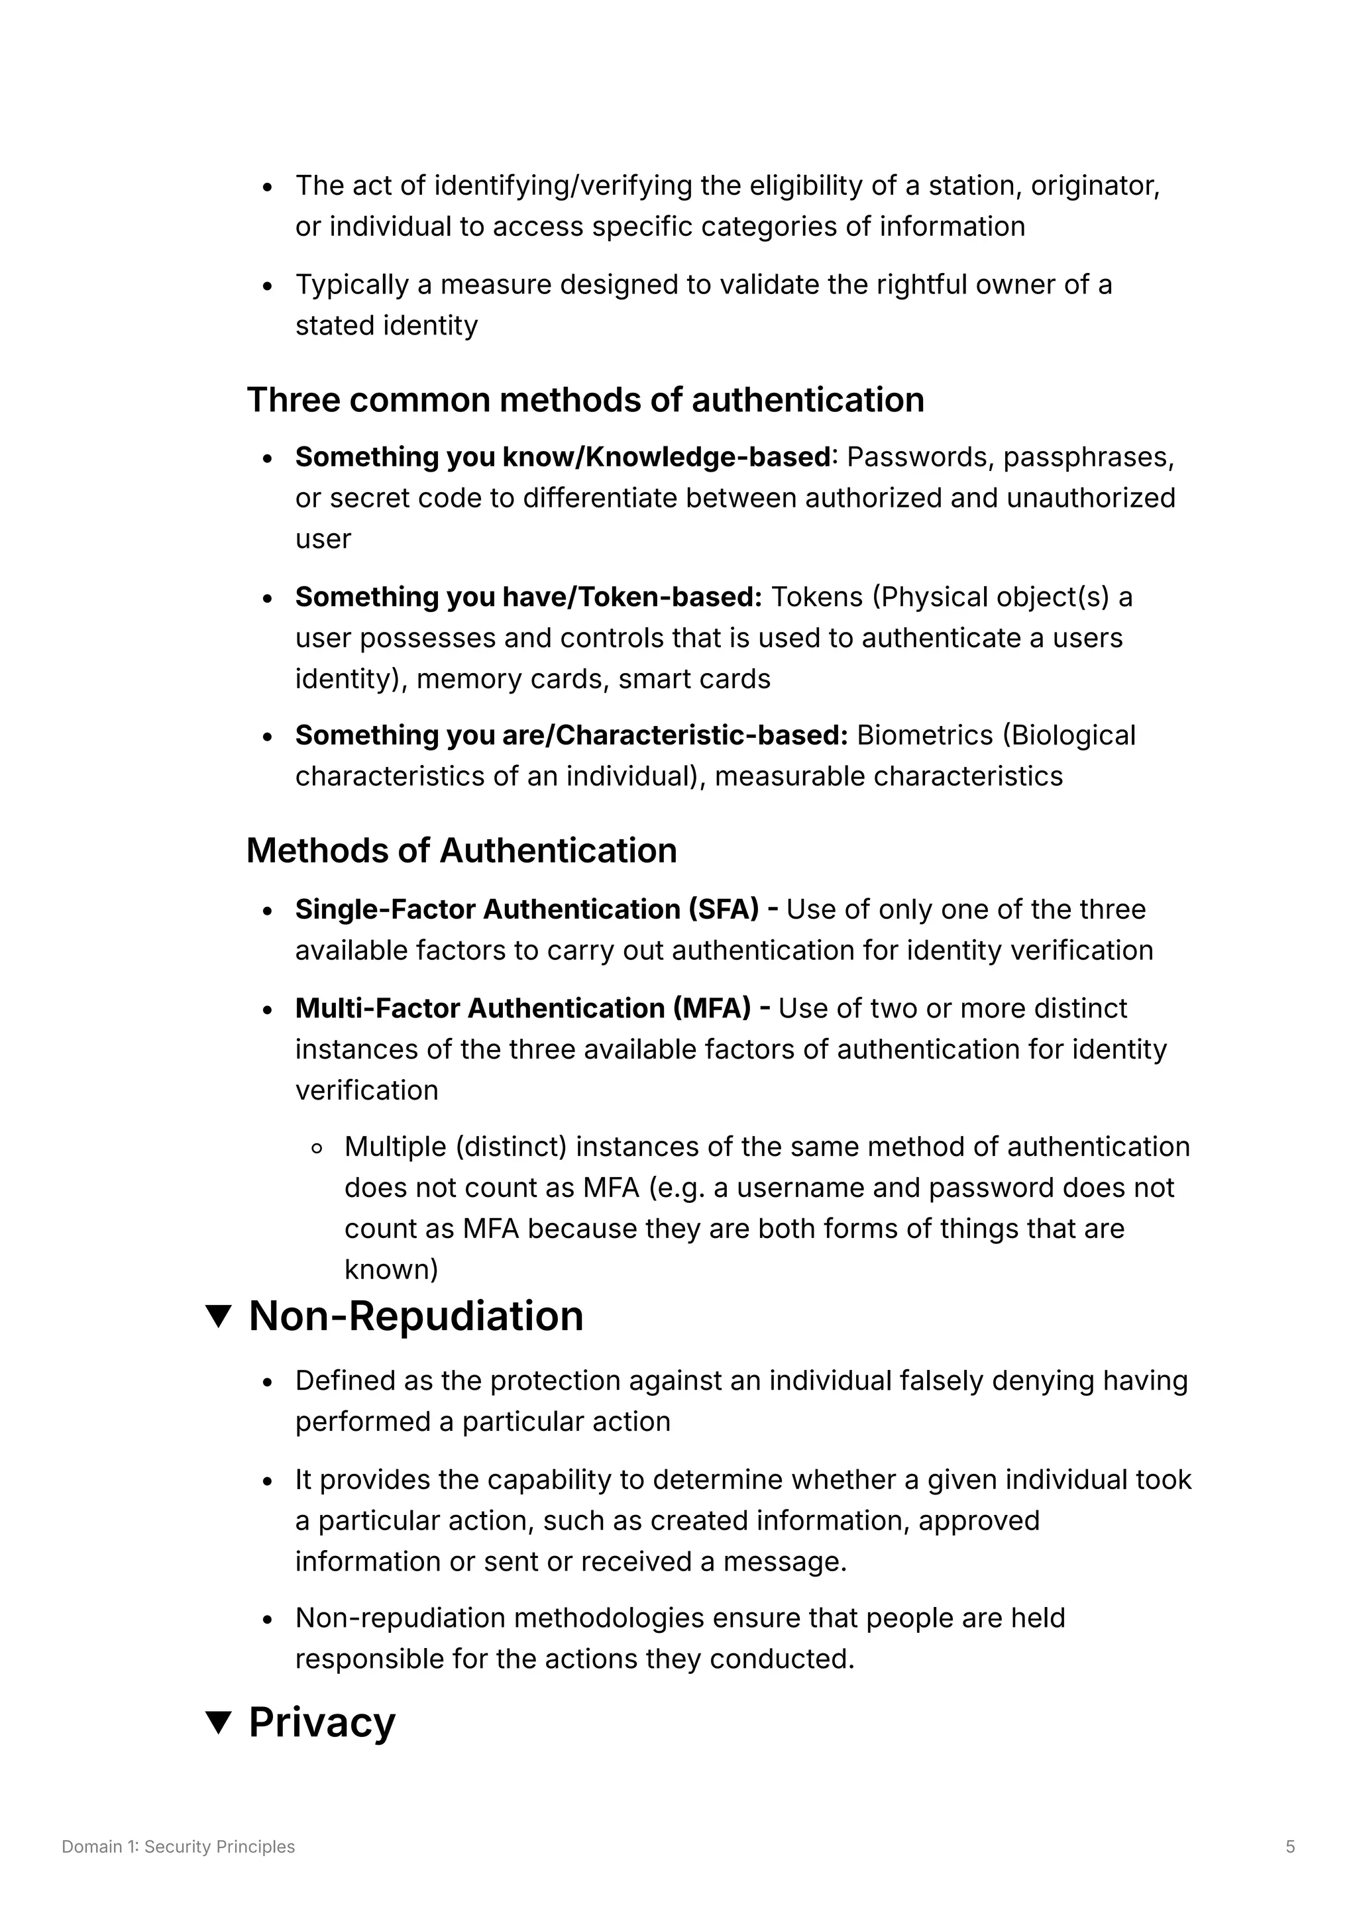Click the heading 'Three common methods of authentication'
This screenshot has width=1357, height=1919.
[x=584, y=400]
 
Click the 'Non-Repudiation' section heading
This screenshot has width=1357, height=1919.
[x=415, y=1316]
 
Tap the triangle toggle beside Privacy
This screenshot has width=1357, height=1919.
[x=218, y=1722]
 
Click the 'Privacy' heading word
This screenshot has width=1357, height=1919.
[x=322, y=1722]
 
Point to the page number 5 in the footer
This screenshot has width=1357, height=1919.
[x=1290, y=1846]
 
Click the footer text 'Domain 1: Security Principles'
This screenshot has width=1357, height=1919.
[x=178, y=1846]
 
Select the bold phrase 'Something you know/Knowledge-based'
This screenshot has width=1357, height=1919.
[x=563, y=457]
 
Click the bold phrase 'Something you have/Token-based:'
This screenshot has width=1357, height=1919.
[x=528, y=597]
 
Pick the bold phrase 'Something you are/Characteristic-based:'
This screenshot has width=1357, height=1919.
[x=571, y=735]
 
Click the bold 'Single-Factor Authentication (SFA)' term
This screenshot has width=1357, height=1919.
[x=527, y=909]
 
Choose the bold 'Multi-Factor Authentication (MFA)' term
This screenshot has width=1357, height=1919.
[x=523, y=1008]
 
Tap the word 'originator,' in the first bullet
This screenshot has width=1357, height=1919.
[x=1095, y=185]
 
